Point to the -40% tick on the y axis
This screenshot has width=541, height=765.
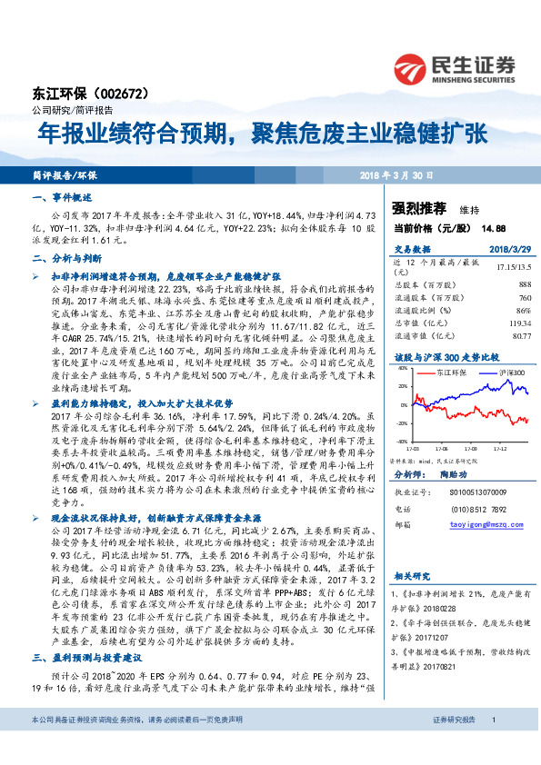click(401, 441)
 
